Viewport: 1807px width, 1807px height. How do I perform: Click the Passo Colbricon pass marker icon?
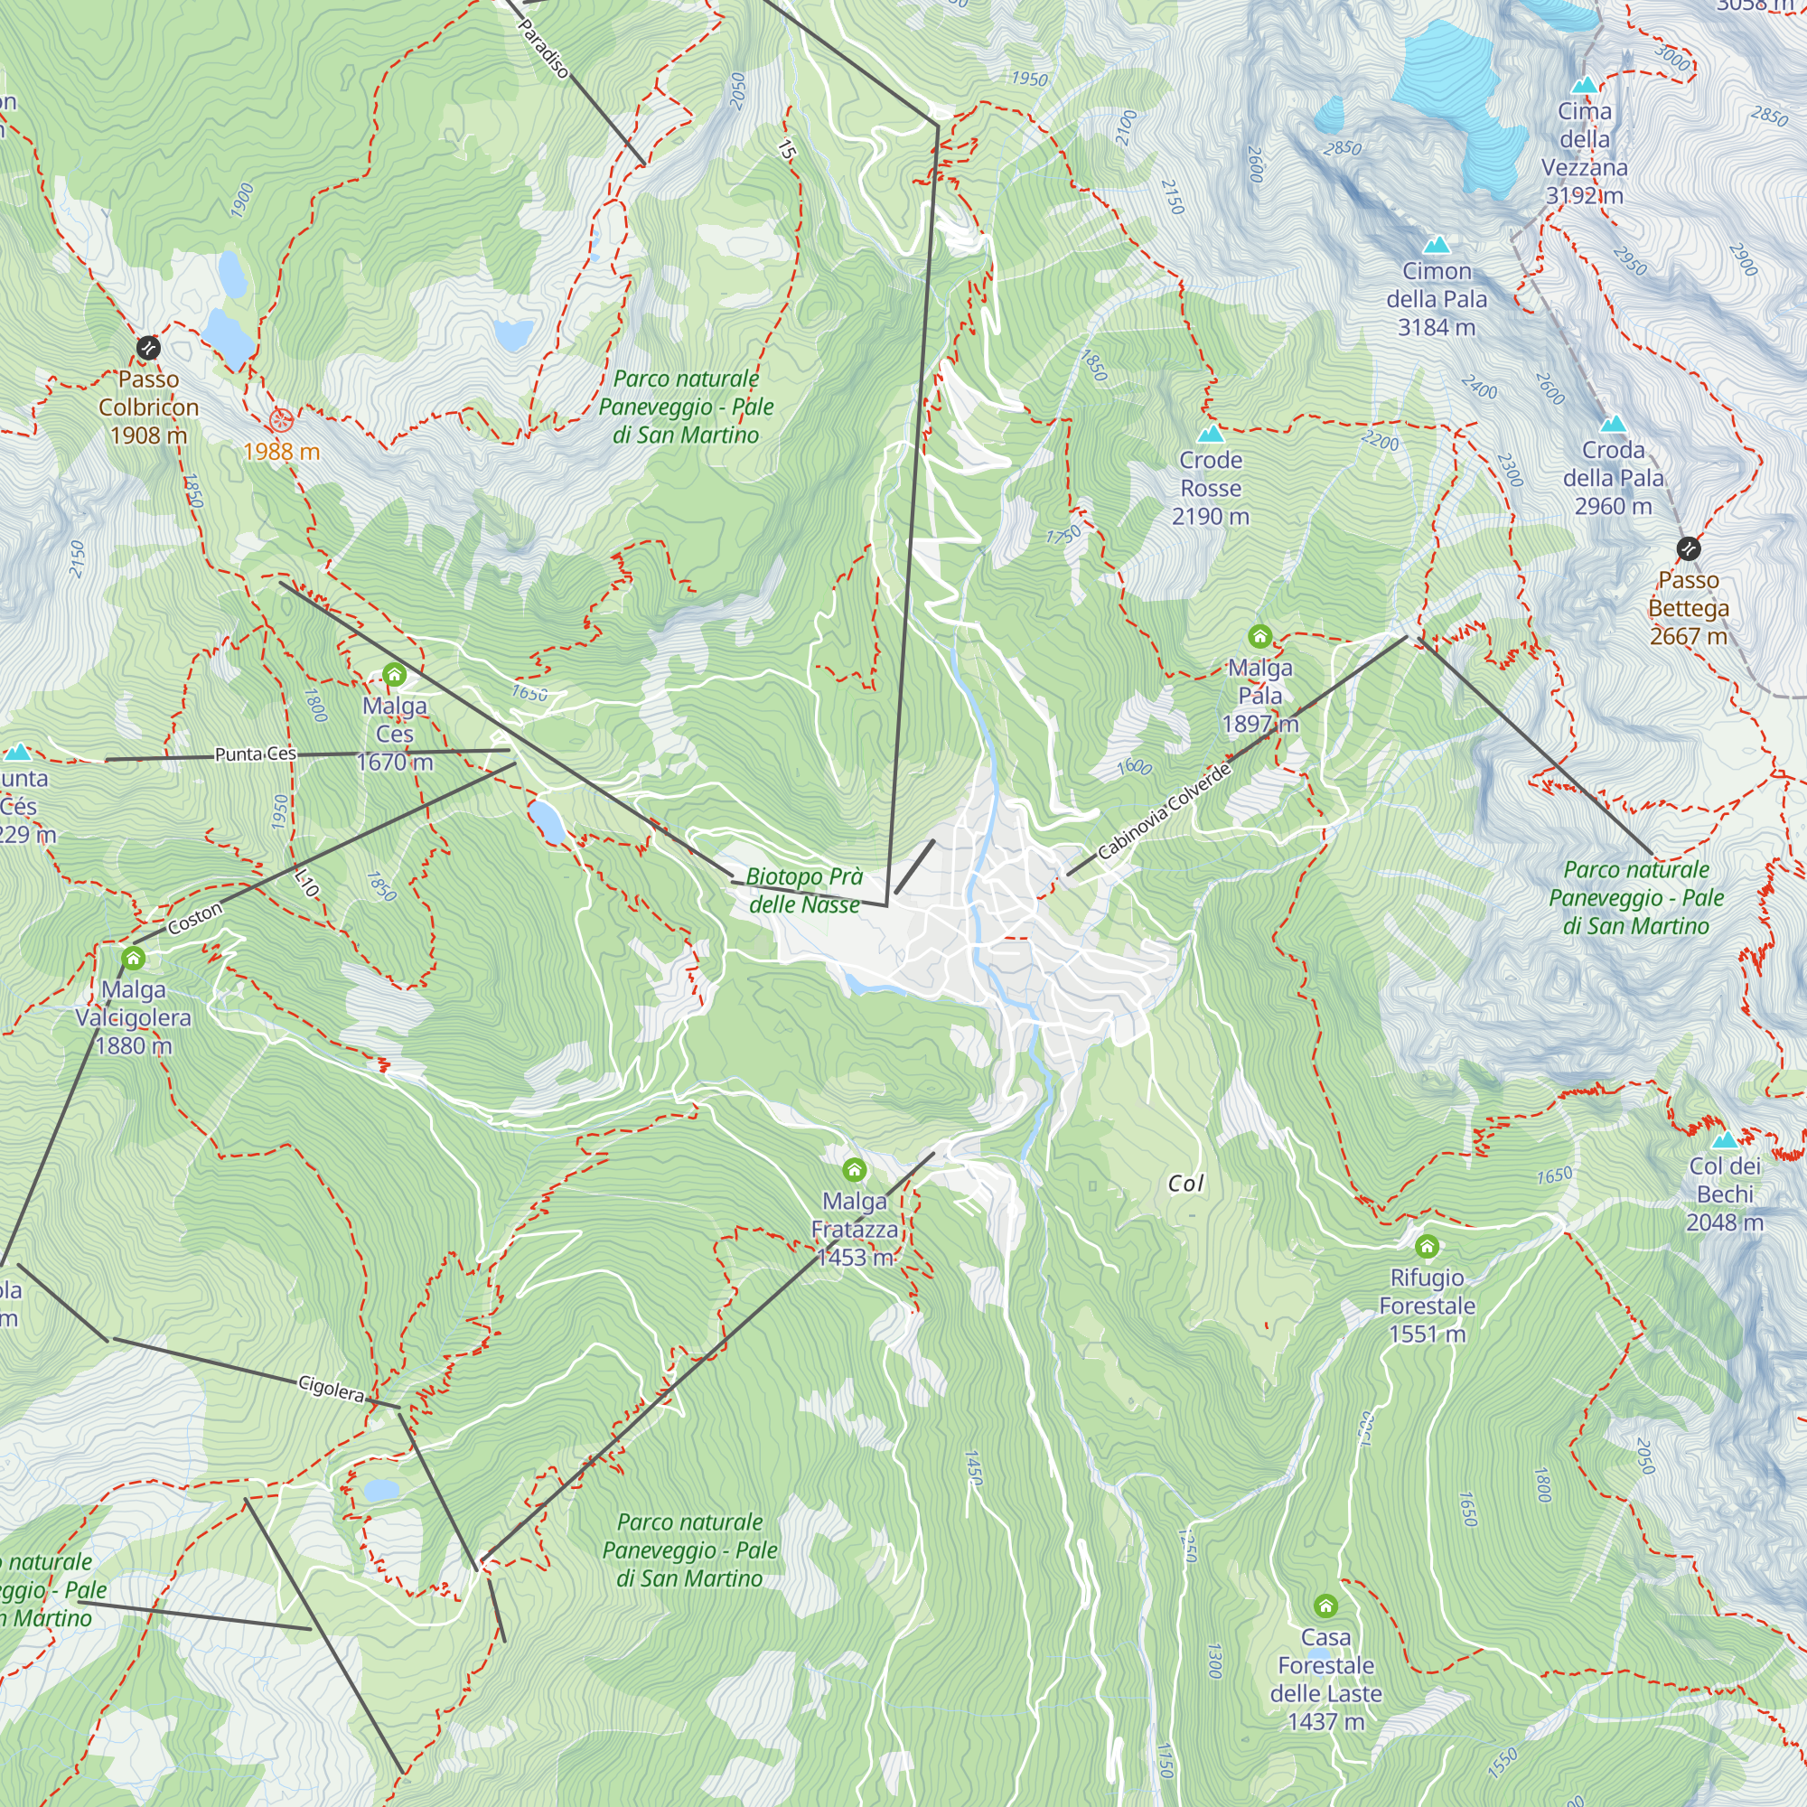click(148, 349)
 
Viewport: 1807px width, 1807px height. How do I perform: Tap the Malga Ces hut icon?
click(394, 674)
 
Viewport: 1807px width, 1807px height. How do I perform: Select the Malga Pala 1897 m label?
click(1259, 696)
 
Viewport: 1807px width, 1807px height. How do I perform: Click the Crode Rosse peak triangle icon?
click(1211, 434)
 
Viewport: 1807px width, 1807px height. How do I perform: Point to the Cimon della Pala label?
click(1436, 299)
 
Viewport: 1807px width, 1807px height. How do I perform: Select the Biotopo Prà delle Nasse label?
click(803, 891)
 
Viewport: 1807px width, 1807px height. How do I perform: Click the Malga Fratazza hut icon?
click(854, 1170)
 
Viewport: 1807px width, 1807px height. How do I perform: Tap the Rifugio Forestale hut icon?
click(1427, 1246)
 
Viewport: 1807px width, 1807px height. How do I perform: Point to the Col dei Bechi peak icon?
click(1725, 1140)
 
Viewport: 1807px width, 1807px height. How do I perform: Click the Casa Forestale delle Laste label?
click(1325, 1679)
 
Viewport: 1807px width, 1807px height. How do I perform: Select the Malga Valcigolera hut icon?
click(134, 958)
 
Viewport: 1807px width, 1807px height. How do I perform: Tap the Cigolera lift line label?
click(331, 1389)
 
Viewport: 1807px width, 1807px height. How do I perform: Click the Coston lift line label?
click(195, 919)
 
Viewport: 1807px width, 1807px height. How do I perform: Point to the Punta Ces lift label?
click(256, 754)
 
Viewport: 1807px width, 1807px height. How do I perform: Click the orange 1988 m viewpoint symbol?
click(281, 419)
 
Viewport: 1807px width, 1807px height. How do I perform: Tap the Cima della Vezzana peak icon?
click(1584, 85)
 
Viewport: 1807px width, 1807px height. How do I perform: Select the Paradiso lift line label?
click(543, 49)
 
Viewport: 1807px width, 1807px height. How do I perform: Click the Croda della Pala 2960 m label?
click(1613, 478)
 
